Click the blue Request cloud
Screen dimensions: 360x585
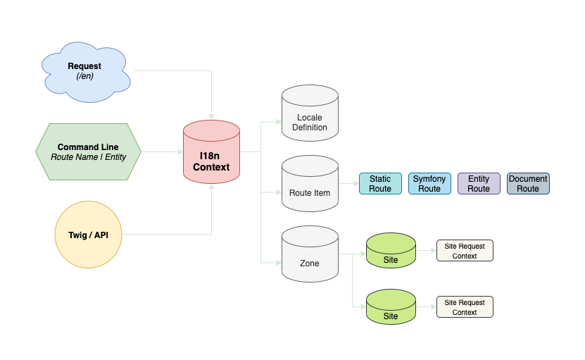[84, 70]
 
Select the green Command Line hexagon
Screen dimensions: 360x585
[88, 151]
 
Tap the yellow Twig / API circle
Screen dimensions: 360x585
[88, 235]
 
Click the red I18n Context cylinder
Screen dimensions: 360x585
[211, 154]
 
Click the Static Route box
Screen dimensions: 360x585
[380, 184]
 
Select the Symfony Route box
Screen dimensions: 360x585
[429, 184]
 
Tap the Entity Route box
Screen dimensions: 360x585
[479, 184]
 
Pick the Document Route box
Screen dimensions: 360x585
[528, 184]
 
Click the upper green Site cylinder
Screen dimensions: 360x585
[391, 252]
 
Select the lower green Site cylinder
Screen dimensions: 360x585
[391, 309]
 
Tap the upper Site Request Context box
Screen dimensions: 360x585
[465, 251]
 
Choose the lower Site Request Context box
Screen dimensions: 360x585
[465, 307]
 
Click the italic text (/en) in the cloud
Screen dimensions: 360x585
[84, 77]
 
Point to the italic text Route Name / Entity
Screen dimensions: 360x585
[88, 157]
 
